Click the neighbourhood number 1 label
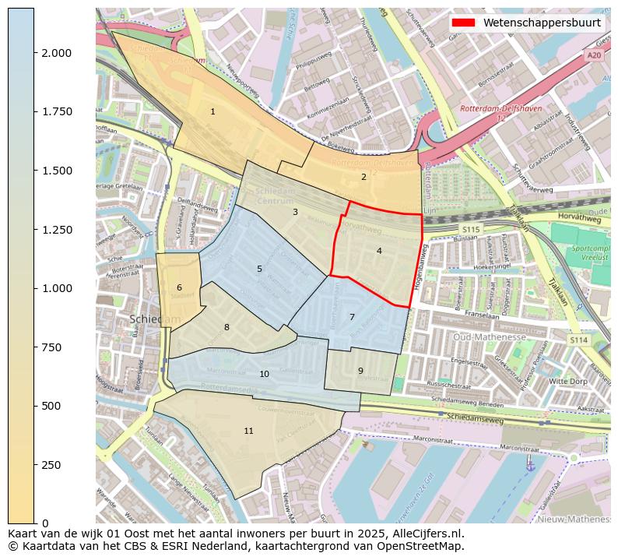point(212,112)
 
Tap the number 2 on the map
point(363,177)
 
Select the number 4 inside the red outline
point(379,251)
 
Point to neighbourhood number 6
point(179,287)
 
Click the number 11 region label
point(248,431)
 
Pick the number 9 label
point(360,371)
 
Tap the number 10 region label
point(264,374)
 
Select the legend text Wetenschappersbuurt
point(542,23)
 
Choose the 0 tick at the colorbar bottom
point(46,523)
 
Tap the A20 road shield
point(594,55)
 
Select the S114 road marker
point(577,340)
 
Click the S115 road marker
point(470,230)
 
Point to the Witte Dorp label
point(568,382)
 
